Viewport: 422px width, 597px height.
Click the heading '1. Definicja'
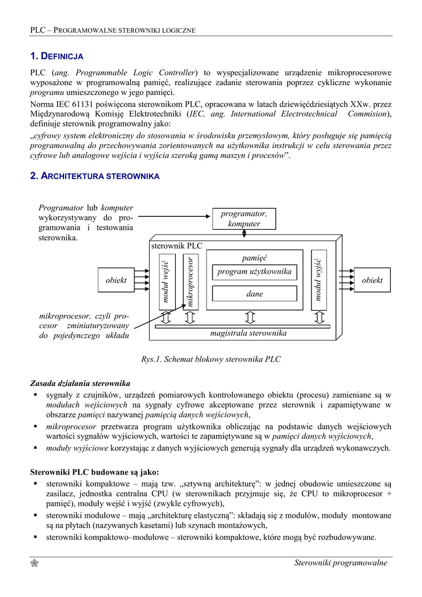56,57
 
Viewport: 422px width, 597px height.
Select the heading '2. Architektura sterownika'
95,175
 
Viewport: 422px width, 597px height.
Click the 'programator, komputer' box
244,219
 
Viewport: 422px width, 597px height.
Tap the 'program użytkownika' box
254,272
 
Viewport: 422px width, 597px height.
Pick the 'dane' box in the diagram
254,294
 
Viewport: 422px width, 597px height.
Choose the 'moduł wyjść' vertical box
318,280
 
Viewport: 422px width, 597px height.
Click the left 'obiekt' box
116,280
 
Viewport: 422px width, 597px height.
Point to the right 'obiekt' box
372,280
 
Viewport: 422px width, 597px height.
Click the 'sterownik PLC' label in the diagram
177,246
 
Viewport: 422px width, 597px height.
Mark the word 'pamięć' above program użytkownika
254,258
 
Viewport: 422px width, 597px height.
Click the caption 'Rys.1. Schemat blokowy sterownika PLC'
211,359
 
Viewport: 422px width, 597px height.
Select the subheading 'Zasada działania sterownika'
80,384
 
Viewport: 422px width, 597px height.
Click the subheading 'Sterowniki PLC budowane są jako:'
94,472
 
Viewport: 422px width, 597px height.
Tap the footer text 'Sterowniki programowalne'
341,563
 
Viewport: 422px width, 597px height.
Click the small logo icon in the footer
34,563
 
